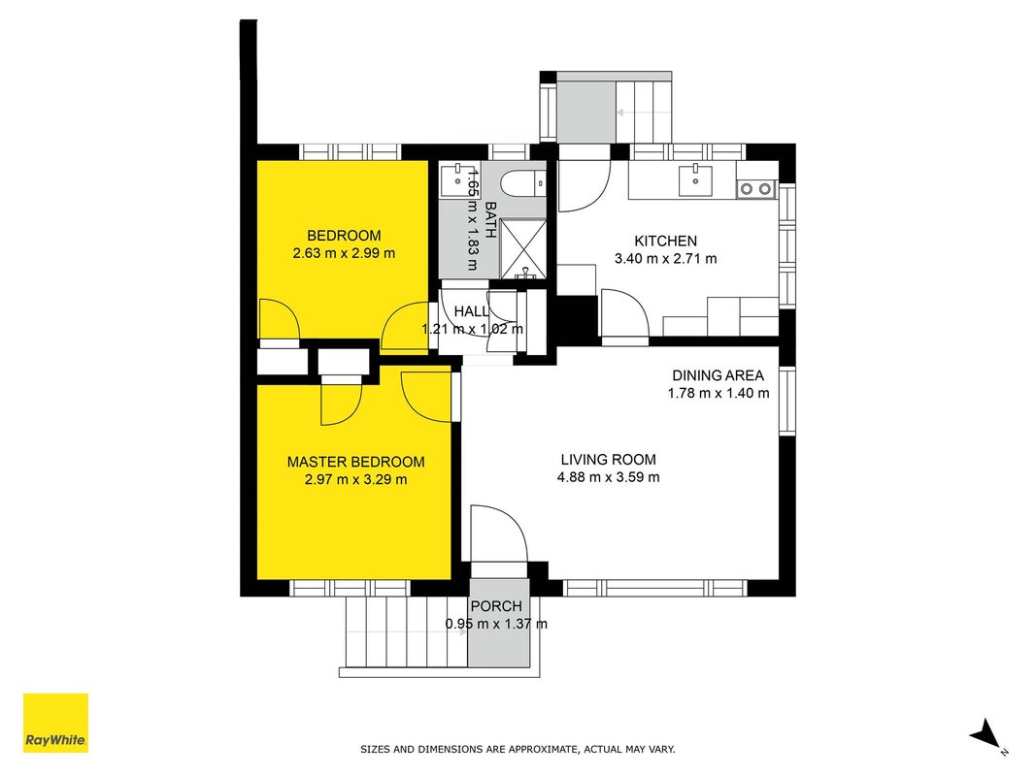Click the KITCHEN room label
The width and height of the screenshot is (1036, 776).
[x=665, y=241]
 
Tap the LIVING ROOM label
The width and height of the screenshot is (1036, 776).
[x=609, y=460]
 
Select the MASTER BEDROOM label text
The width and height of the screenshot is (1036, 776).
[x=355, y=462]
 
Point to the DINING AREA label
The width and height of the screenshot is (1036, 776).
[x=718, y=375]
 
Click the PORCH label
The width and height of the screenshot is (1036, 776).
[x=496, y=605]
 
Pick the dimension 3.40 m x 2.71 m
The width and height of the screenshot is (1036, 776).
[x=665, y=259]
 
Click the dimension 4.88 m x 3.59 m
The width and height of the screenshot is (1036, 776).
[x=609, y=477]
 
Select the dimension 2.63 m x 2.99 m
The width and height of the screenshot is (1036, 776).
[x=344, y=253]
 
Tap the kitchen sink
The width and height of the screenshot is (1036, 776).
[x=695, y=180]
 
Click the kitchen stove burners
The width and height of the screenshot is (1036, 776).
[x=755, y=189]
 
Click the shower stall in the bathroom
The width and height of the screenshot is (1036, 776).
[x=523, y=248]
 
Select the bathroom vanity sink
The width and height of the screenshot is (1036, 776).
[x=456, y=178]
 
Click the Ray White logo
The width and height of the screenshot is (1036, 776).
[x=55, y=723]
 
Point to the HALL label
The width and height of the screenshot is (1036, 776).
[x=472, y=310]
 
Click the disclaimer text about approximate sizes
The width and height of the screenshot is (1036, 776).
[x=518, y=749]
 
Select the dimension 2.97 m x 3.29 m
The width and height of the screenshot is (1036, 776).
[x=355, y=480]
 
